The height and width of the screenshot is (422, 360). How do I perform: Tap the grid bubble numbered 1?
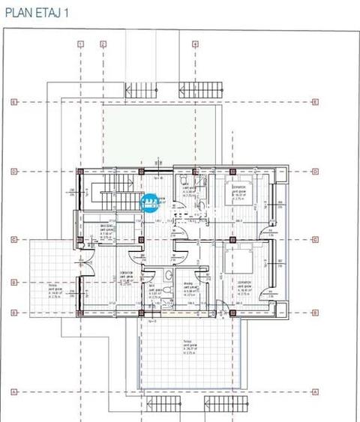[79, 44]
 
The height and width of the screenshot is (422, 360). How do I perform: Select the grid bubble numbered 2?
[102, 44]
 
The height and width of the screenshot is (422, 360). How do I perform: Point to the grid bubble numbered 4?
[195, 44]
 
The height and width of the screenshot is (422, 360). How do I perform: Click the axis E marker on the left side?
[14, 102]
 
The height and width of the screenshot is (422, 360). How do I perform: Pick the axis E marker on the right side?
[316, 102]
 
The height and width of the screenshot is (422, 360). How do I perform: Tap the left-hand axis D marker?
[14, 172]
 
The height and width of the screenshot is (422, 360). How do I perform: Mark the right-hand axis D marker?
[316, 172]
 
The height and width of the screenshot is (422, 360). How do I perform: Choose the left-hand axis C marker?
[14, 241]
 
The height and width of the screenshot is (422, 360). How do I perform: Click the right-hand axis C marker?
[316, 241]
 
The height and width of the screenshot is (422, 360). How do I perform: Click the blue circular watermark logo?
[149, 204]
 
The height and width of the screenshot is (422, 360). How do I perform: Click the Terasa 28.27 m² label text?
[187, 341]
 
